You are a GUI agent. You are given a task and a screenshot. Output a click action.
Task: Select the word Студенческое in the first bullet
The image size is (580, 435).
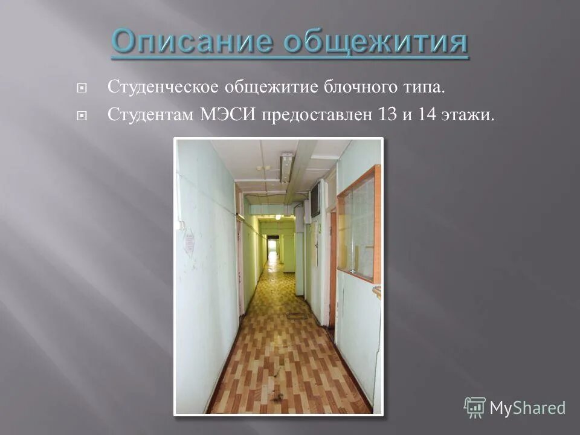tap(163, 88)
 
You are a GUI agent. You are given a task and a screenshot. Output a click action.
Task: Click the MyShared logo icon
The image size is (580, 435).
tap(474, 407)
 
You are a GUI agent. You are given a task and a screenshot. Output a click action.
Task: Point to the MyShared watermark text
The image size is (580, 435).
tap(527, 408)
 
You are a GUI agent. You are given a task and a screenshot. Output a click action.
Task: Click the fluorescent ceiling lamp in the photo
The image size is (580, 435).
tap(286, 168)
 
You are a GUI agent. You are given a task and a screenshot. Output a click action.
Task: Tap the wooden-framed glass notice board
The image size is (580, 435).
tap(360, 227)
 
